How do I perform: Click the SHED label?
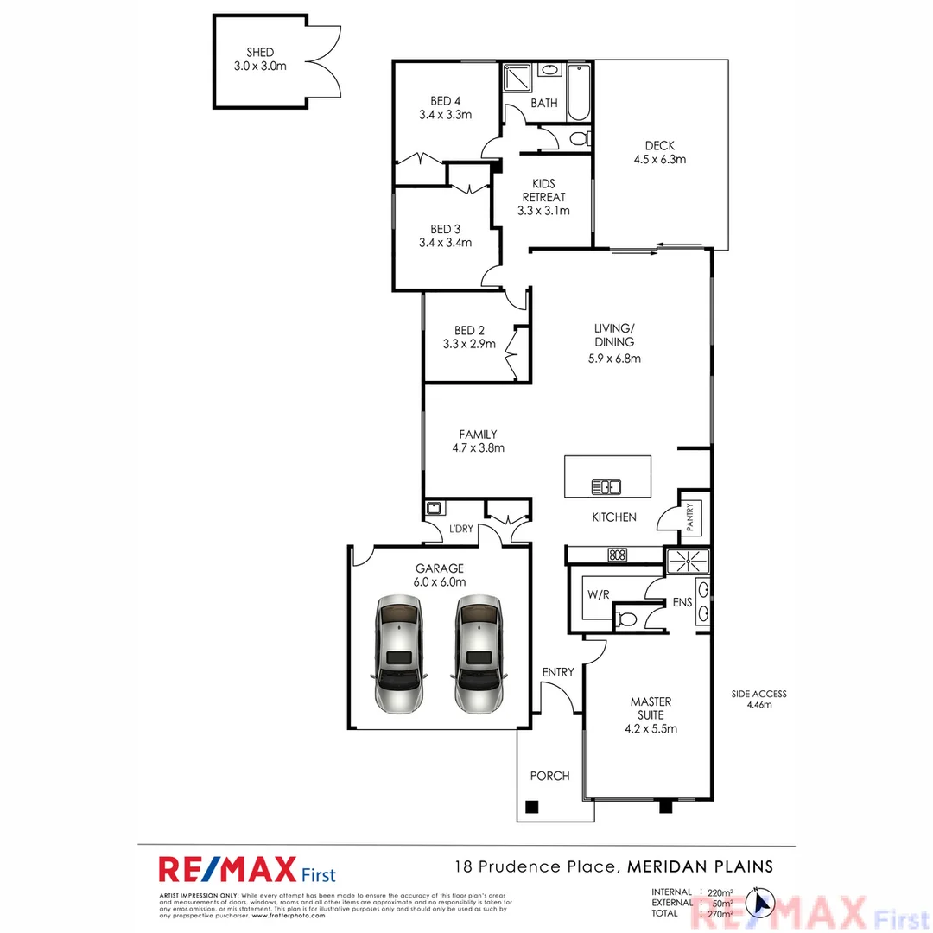tap(260, 53)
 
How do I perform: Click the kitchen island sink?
tap(606, 487)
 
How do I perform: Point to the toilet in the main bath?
tap(580, 137)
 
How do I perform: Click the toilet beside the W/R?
tap(628, 619)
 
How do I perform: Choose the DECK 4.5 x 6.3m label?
tap(659, 152)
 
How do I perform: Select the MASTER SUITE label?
tap(651, 714)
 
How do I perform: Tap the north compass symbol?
tap(762, 903)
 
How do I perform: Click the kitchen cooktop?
tap(617, 555)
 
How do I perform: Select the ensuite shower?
tap(688, 561)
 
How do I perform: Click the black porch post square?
tap(532, 807)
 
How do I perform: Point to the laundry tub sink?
tap(435, 509)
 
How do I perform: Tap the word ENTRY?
tap(557, 672)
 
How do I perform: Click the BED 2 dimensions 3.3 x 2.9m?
tap(469, 343)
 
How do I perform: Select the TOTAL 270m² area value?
tap(720, 913)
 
